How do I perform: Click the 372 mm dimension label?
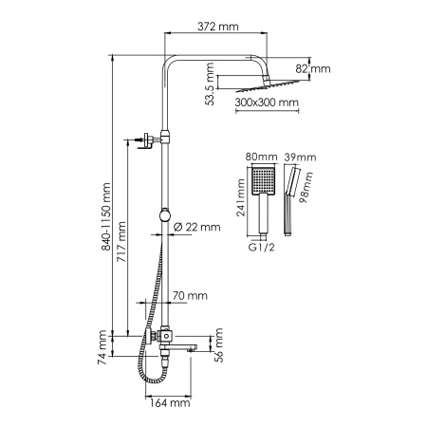(214, 27)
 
